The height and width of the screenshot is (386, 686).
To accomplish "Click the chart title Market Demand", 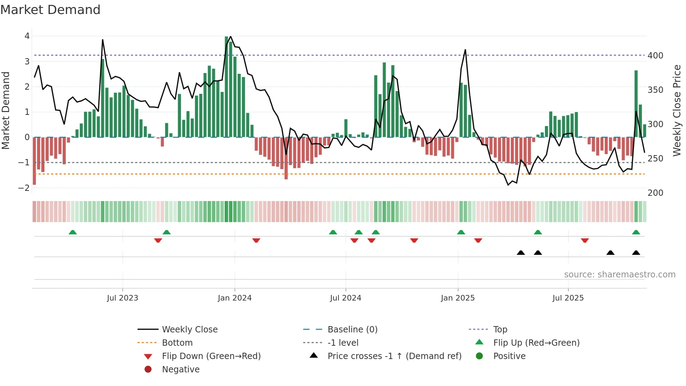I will tap(50, 10).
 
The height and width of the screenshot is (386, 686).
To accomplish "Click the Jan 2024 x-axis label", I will tap(234, 298).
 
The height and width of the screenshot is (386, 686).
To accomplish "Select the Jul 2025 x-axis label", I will tap(568, 298).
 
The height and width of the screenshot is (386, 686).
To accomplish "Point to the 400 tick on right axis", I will tap(655, 56).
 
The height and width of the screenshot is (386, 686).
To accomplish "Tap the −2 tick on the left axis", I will tap(24, 188).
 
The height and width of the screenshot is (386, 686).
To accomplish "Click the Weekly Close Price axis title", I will tap(677, 110).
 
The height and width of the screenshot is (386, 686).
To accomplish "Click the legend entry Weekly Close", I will tap(189, 330).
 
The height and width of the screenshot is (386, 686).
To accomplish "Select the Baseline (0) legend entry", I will tap(352, 330).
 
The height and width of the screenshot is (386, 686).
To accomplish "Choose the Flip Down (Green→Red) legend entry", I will tap(211, 356).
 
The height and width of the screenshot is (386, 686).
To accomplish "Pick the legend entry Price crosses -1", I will tap(394, 356).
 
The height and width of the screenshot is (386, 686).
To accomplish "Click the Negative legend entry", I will tap(181, 370).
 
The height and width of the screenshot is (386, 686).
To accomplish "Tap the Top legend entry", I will tap(500, 330).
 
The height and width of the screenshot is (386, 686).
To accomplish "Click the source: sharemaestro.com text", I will tap(619, 275).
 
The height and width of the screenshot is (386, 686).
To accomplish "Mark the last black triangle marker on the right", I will tap(636, 253).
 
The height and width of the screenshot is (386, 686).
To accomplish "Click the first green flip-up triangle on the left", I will tap(72, 232).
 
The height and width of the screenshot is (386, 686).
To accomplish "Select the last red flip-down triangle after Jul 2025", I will tap(584, 240).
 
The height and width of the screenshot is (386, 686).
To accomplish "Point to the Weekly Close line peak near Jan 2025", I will tap(465, 50).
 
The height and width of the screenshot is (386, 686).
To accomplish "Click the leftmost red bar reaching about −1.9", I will tap(34, 161).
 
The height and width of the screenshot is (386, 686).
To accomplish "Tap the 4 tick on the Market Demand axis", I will tap(27, 36).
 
